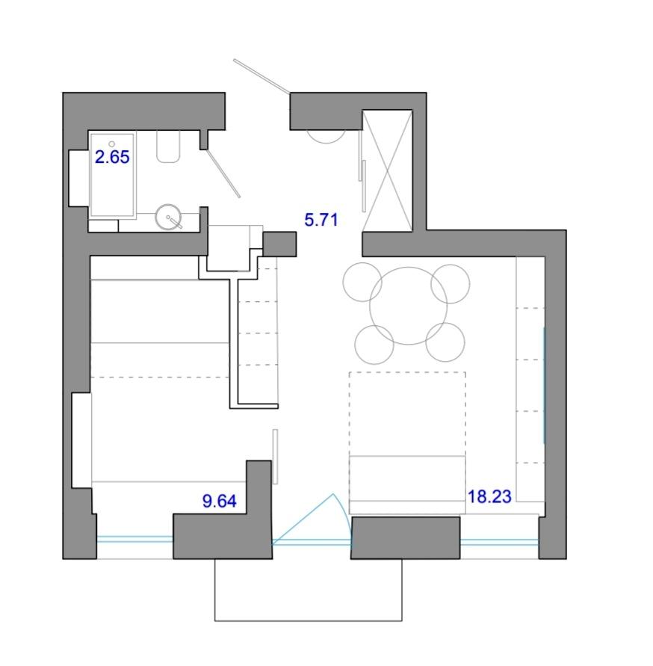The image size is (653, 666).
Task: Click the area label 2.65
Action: [x=112, y=157]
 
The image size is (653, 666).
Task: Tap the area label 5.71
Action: [x=321, y=220]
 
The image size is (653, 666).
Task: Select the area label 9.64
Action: [x=220, y=502]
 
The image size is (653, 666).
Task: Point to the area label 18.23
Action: [x=489, y=496]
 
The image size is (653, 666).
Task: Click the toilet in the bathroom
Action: [x=168, y=147]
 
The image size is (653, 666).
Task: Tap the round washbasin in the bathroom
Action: [x=169, y=217]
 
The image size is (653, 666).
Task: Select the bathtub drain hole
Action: [x=112, y=144]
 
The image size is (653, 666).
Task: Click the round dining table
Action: [x=409, y=306]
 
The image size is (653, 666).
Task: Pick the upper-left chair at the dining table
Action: [x=363, y=282]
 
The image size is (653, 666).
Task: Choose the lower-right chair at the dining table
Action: [x=445, y=342]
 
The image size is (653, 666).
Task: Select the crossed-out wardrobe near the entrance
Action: [x=387, y=170]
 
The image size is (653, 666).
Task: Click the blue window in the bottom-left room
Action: [x=135, y=540]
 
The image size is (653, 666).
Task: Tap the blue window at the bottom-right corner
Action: [x=500, y=542]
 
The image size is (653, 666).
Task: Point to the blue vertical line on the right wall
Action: [x=544, y=385]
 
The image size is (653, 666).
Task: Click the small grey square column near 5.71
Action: [x=279, y=244]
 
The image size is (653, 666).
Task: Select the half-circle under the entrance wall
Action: [x=326, y=136]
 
